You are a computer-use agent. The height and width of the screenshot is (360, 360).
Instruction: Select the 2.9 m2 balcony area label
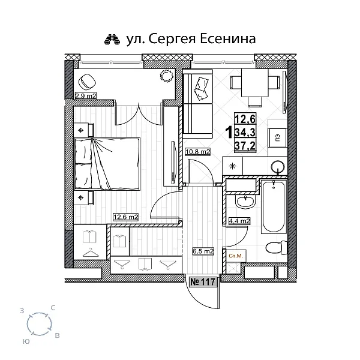tap(86, 95)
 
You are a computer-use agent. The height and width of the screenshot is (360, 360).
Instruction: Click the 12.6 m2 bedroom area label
tap(126, 217)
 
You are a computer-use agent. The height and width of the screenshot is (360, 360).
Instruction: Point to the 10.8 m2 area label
tap(198, 152)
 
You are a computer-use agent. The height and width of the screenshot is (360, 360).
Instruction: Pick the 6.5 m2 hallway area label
tap(203, 251)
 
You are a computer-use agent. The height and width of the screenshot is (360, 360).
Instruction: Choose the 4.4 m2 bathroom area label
tap(239, 221)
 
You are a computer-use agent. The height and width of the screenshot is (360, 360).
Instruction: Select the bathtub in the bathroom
tap(273, 207)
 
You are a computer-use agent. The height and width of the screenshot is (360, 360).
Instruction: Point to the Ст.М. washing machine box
tap(237, 256)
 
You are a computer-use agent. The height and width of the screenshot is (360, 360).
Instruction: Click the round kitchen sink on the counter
tap(277, 167)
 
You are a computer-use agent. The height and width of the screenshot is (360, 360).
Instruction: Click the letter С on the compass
tap(53, 308)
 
